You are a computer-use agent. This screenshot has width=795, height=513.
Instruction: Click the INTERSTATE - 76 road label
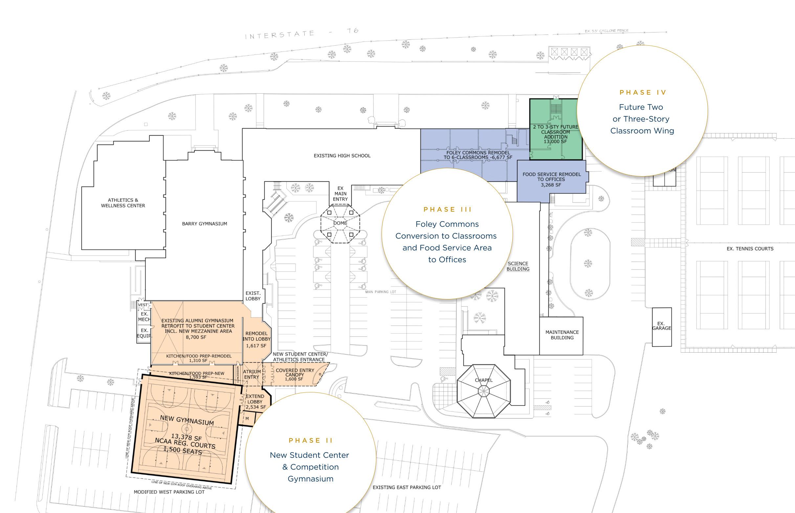(301, 33)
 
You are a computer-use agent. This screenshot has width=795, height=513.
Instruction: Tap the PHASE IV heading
(643, 93)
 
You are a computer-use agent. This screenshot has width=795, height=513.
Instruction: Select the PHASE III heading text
(448, 210)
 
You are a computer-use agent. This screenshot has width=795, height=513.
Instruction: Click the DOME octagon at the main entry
(340, 223)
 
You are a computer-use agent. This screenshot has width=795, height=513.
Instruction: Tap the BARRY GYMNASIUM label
(204, 224)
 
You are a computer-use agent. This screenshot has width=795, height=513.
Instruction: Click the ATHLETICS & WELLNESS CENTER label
(123, 203)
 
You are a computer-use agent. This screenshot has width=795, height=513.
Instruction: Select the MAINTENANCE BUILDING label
(562, 335)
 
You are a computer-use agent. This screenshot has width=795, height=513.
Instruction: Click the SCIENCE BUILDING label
(518, 266)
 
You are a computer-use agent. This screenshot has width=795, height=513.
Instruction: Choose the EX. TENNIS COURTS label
(750, 249)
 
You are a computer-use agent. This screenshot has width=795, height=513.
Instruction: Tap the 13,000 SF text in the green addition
(555, 142)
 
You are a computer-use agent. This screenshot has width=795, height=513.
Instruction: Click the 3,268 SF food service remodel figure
(551, 185)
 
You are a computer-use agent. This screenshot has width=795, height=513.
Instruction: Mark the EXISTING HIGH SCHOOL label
(342, 156)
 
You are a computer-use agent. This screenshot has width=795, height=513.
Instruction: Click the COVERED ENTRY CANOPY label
(295, 373)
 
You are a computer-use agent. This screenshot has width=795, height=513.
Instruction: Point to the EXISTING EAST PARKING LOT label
(406, 487)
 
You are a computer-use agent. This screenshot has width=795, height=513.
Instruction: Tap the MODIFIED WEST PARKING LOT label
(169, 492)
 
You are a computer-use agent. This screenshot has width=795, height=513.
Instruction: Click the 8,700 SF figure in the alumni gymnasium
(196, 337)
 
